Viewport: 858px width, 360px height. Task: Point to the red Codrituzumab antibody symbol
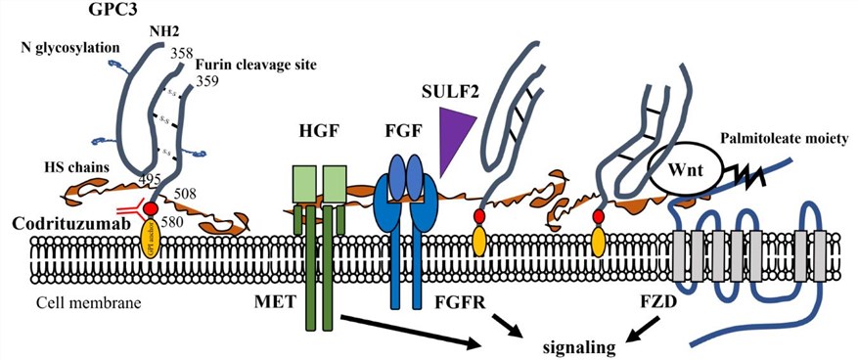point(130,209)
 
